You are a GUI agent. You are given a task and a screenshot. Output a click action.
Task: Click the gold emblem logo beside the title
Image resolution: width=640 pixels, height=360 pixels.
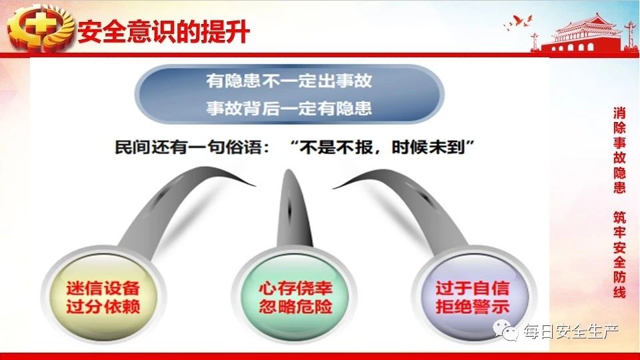pyautogui.click(x=40, y=28)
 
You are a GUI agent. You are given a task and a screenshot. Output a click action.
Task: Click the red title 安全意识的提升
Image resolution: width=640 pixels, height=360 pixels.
pyautogui.click(x=164, y=31)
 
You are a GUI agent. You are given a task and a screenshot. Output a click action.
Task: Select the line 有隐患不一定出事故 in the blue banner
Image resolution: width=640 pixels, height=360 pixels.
pyautogui.click(x=289, y=81)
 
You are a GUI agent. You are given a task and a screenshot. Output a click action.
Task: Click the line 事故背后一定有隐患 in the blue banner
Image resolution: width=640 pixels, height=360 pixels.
pyautogui.click(x=289, y=108)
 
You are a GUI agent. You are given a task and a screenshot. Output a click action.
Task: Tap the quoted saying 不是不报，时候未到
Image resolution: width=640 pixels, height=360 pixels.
pyautogui.click(x=382, y=147)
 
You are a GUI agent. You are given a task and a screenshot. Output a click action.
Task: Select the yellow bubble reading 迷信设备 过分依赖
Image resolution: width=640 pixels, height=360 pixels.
pyautogui.click(x=103, y=297)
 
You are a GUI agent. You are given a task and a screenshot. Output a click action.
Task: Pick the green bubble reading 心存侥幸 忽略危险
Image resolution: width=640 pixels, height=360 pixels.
pyautogui.click(x=295, y=297)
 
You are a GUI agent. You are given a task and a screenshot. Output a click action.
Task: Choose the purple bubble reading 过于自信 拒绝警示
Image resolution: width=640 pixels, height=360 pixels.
pyautogui.click(x=473, y=297)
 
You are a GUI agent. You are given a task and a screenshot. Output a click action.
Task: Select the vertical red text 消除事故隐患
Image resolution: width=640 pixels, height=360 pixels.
pyautogui.click(x=619, y=150)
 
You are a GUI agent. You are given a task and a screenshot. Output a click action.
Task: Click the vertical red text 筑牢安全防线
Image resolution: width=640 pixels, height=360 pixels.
pyautogui.click(x=619, y=255)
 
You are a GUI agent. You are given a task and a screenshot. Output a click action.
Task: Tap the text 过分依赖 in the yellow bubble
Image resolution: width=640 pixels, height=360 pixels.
pyautogui.click(x=103, y=307)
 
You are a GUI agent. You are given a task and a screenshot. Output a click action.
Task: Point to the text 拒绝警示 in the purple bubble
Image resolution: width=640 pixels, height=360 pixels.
pyautogui.click(x=473, y=307)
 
